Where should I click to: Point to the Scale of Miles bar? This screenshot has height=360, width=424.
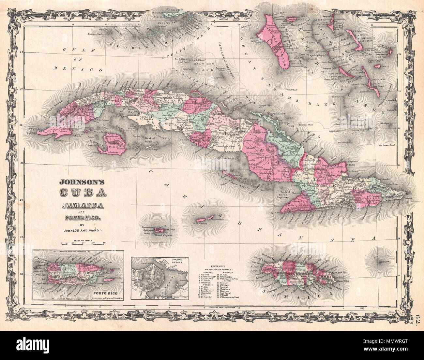coord(83,243)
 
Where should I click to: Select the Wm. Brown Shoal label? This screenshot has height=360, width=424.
coord(386,145)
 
